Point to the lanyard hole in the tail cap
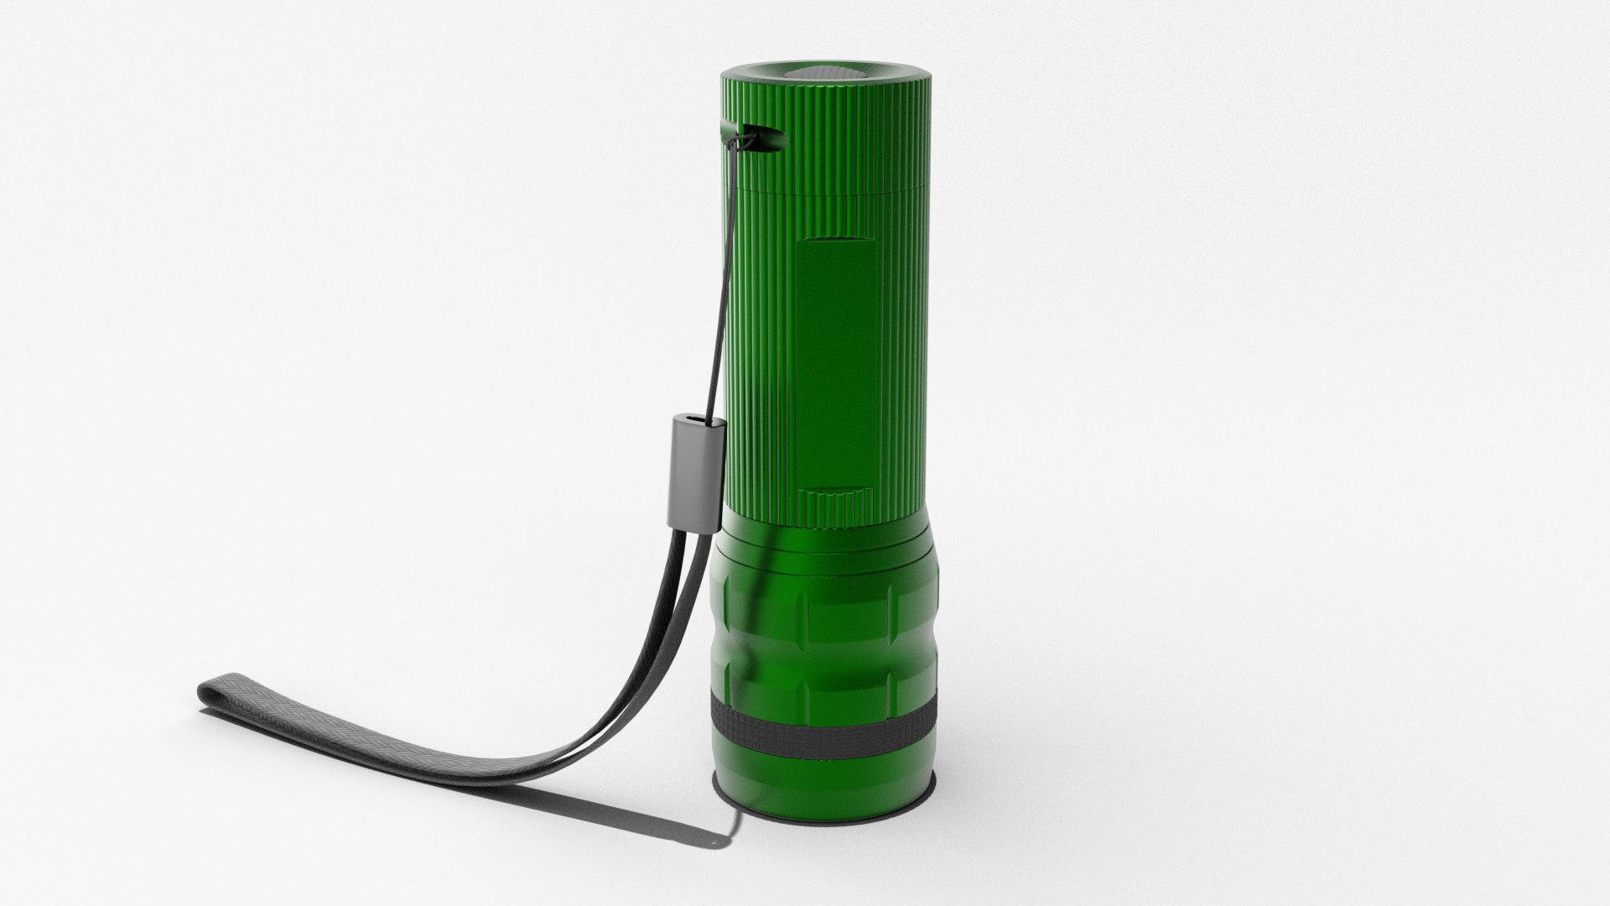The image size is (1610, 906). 759,139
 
